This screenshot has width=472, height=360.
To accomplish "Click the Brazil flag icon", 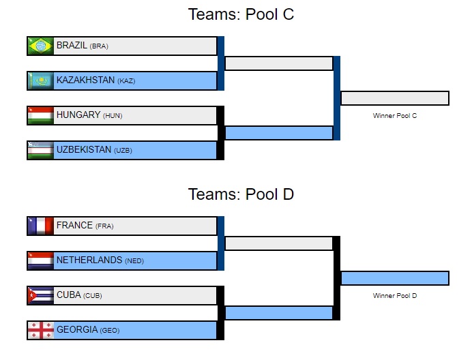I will pos(40,46).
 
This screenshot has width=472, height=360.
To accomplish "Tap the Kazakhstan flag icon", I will pos(40,81).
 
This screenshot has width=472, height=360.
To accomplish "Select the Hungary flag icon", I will pos(40,115).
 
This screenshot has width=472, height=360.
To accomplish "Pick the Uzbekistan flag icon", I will pos(40,150).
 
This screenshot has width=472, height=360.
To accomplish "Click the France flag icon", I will pos(40,226).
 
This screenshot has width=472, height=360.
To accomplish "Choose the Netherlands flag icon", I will pos(40,260).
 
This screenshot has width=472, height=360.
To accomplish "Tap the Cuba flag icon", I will pos(40,295).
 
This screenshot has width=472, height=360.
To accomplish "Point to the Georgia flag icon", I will pos(40,330).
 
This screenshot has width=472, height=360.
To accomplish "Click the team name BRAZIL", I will pos(72,46).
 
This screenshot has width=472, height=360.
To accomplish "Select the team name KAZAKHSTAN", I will pos(85,80).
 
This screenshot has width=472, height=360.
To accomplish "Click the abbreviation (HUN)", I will pos(113,116).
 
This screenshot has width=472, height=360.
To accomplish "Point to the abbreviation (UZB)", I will pos(123,151).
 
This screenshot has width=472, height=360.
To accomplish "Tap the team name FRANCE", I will pos(74,225).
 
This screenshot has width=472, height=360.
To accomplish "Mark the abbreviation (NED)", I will pos(134,261).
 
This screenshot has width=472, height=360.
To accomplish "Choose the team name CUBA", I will pos(68,295).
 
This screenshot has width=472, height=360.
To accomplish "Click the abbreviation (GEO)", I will pos(109,331).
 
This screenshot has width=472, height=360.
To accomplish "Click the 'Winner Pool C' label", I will pos(394,116).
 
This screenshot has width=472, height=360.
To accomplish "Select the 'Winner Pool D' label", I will pos(394,296).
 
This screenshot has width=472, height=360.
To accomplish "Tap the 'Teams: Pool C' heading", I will pos(241,14).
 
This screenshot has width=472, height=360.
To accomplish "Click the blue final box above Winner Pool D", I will pos(394,278).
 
